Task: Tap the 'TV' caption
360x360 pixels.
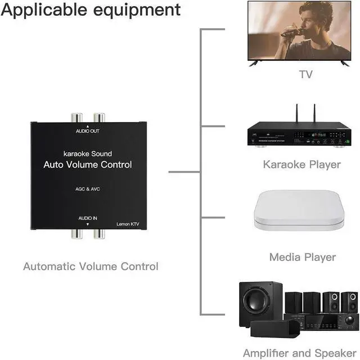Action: point(305,74)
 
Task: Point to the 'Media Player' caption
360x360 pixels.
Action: point(302,257)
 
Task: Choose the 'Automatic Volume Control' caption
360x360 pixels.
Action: point(91,266)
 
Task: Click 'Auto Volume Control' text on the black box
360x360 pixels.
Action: point(88,165)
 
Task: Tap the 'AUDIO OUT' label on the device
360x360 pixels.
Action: point(88,131)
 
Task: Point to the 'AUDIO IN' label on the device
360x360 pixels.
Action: point(88,218)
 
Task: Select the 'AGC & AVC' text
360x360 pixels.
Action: point(88,189)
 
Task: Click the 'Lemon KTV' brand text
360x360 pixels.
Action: point(127,224)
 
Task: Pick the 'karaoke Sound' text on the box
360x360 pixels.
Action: point(88,154)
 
